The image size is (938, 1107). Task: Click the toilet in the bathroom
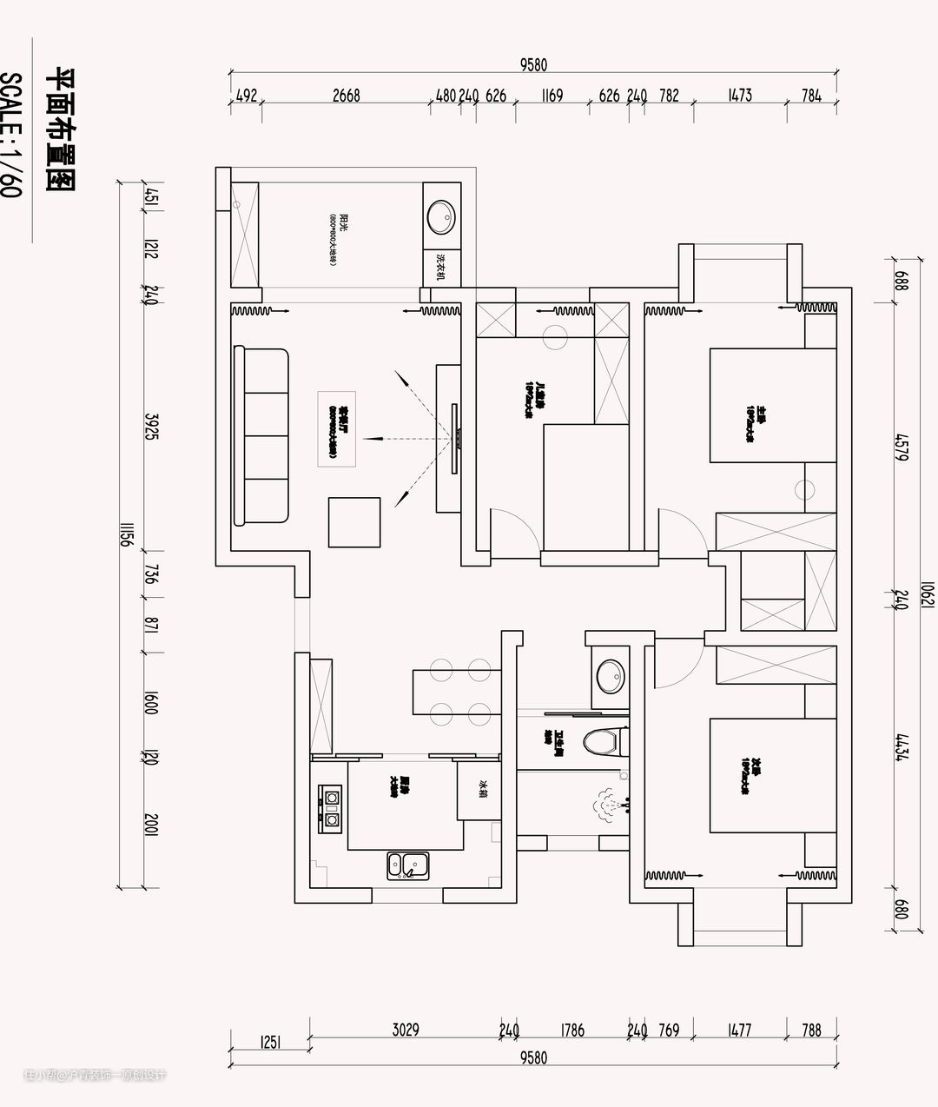[x=604, y=742]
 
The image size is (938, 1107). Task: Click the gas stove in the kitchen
[x=331, y=808]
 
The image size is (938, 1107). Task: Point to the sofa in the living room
[x=261, y=436]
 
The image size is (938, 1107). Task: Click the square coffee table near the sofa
[x=354, y=521]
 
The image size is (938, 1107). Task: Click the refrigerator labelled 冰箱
[x=480, y=790]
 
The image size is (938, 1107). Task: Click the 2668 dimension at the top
[x=346, y=96]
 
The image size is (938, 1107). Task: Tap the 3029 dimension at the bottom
[x=406, y=1031]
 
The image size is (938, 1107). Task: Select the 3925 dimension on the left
[x=149, y=426]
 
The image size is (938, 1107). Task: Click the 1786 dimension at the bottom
[x=572, y=1031]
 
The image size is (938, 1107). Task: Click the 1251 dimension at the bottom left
[x=270, y=1042]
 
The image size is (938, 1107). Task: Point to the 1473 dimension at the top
[x=739, y=96]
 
